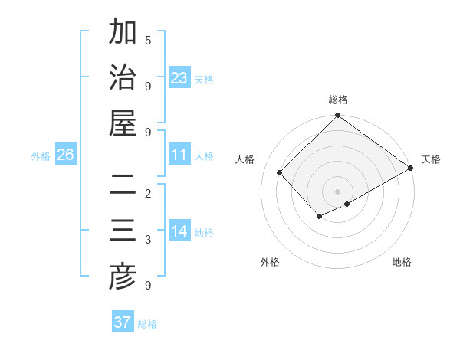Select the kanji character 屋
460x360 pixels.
tap(123, 123)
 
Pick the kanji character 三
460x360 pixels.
tap(123, 231)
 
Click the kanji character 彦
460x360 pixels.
tap(123, 277)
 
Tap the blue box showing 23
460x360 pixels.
tap(179, 77)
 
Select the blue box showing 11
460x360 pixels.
tap(179, 155)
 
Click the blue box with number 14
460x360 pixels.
tap(179, 231)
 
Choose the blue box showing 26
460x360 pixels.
tap(65, 155)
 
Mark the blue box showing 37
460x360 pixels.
tap(123, 322)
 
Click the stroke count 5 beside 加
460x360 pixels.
tap(148, 40)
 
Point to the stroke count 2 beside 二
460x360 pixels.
tap(148, 193)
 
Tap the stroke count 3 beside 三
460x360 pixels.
tap(148, 240)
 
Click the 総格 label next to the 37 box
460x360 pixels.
tap(148, 324)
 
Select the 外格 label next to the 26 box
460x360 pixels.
tap(41, 156)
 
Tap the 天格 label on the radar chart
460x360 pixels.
tap(431, 159)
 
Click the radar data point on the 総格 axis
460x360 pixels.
tap(337, 116)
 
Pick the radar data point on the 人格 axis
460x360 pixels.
tap(280, 172)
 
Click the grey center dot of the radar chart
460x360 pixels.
tap(337, 191)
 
